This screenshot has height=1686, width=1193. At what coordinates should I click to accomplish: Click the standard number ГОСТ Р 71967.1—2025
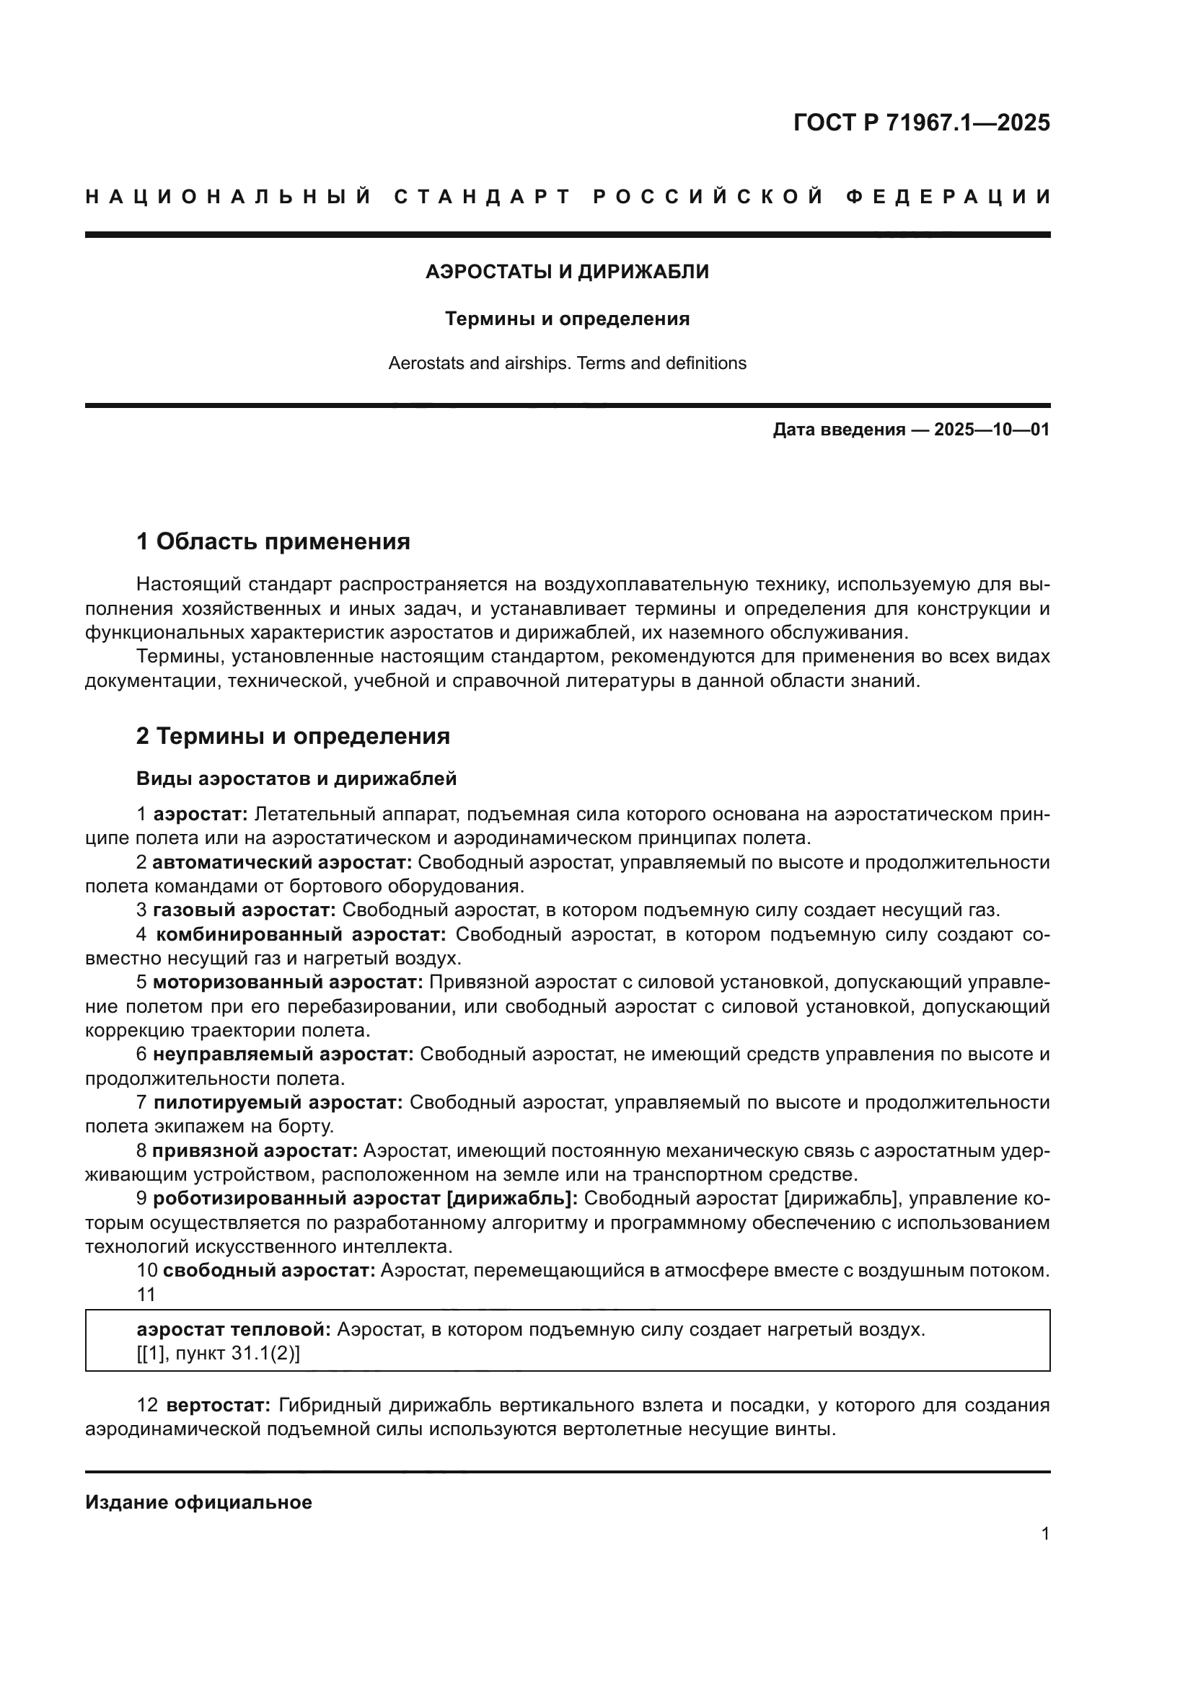921,123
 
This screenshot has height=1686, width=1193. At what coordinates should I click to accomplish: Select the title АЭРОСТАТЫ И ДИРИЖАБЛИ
567,272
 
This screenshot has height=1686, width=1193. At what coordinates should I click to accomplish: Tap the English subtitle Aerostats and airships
567,363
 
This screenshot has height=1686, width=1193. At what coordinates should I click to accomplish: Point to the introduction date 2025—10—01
992,430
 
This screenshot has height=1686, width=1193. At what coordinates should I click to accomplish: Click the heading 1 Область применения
273,542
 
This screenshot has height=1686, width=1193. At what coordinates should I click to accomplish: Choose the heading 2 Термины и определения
292,736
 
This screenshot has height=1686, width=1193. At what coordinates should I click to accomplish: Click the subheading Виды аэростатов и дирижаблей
296,778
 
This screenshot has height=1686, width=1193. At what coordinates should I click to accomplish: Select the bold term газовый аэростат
244,910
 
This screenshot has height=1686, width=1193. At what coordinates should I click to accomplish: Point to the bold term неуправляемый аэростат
283,1055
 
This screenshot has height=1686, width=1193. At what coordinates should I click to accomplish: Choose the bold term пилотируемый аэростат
278,1102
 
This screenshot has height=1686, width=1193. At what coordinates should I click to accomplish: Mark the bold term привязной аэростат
254,1150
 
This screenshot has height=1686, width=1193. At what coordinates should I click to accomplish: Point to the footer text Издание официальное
198,1502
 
